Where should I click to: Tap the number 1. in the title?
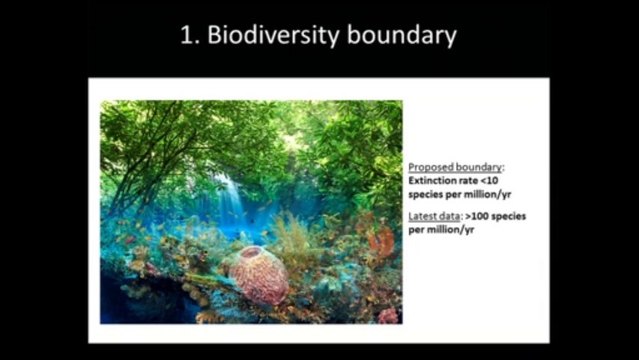[x=191, y=36]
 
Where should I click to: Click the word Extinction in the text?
[x=432, y=180]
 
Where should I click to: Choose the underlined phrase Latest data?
[x=433, y=216]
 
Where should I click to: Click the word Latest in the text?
[x=423, y=216]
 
